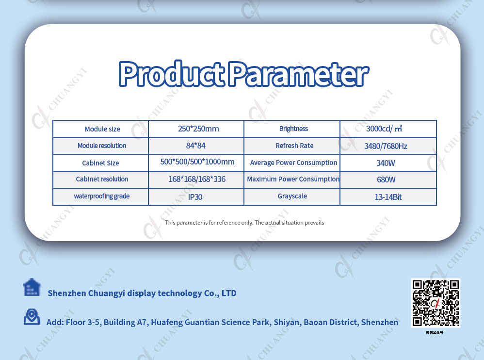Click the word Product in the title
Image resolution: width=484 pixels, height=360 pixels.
[x=171, y=73]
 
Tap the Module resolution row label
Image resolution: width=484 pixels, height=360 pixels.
[x=102, y=146]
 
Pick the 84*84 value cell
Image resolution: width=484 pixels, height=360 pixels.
[x=196, y=146]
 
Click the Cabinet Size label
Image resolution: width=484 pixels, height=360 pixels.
[x=100, y=163]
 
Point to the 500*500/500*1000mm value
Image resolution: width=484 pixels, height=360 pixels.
[x=197, y=162]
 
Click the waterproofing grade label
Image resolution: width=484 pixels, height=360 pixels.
[x=102, y=196]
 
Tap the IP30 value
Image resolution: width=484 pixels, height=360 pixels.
[x=195, y=197]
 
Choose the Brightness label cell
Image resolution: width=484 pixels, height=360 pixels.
[x=293, y=129]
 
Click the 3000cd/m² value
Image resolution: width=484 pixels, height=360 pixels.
[x=384, y=129]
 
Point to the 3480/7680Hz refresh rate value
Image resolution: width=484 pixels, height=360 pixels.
[x=386, y=146]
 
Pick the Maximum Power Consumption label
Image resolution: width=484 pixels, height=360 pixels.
[x=293, y=179]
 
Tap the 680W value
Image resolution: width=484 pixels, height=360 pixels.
[x=386, y=180]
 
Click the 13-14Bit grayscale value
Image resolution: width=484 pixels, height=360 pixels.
[x=388, y=197]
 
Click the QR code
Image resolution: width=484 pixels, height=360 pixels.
[x=436, y=303]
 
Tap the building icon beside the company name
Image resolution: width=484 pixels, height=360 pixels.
[x=32, y=287]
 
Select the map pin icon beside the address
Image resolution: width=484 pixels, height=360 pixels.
[x=32, y=316]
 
